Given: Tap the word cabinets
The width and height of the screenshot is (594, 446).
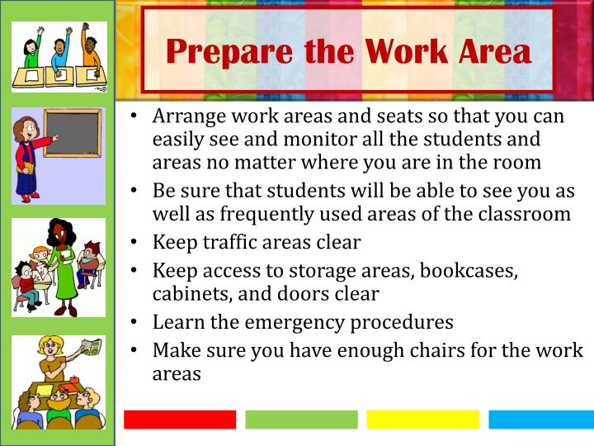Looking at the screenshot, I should [x=189, y=293].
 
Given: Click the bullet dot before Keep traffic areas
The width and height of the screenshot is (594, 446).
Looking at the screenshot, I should [x=134, y=244].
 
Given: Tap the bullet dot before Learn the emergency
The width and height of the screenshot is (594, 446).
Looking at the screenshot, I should [x=134, y=322].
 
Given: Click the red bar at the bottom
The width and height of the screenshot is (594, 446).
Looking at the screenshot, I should [x=179, y=420].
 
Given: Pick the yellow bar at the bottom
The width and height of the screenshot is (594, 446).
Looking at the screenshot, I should [x=422, y=420].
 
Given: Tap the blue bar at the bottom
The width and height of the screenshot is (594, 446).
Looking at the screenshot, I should [x=541, y=420].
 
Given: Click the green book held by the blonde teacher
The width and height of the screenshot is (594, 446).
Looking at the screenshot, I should [x=91, y=347].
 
